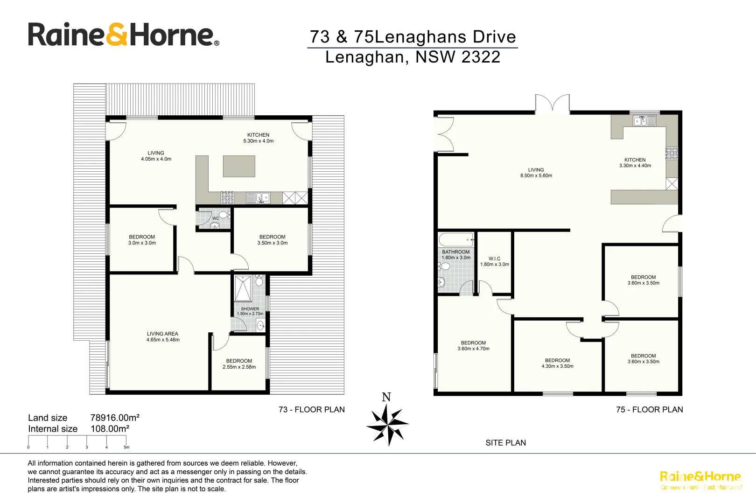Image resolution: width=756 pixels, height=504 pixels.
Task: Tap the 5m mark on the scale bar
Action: [126, 447]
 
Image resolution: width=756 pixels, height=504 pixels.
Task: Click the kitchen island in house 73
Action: [239, 166]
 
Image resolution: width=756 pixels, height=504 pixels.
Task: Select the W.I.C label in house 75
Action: [494, 259]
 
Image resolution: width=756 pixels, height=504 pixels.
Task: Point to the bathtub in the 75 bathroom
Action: [456, 240]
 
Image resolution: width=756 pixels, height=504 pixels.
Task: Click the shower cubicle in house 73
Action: [243, 288]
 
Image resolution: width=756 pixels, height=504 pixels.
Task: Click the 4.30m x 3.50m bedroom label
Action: [557, 363]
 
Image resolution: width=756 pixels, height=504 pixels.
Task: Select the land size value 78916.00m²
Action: [115, 418]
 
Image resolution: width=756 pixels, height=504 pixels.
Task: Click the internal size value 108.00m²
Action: [110, 429]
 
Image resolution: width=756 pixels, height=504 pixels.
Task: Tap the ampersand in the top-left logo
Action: [117, 35]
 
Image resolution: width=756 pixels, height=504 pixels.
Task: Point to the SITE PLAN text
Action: [505, 442]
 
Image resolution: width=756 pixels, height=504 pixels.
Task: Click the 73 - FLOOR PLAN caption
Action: [311, 409]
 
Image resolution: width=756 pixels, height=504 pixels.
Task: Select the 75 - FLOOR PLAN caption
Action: [649, 409]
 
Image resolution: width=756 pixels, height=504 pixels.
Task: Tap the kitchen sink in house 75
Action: [644, 121]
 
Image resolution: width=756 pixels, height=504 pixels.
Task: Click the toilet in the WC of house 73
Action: [224, 215]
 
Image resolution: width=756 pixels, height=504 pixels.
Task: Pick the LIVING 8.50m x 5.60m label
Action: [536, 173]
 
